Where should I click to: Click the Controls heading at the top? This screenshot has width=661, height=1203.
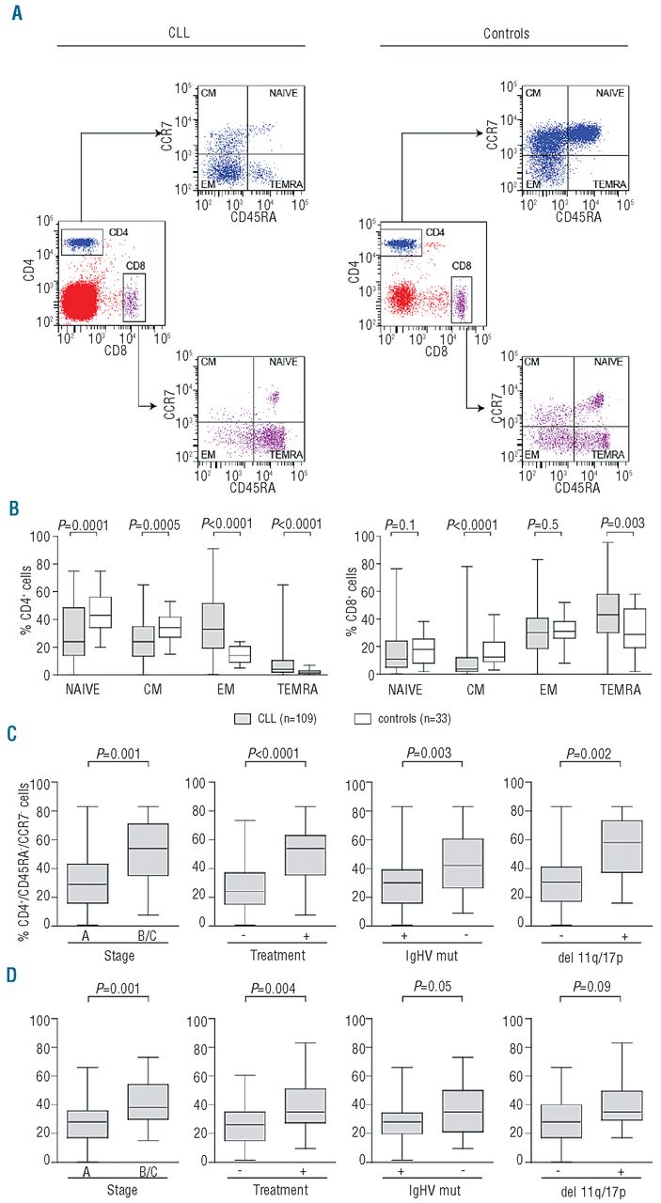[x=507, y=34]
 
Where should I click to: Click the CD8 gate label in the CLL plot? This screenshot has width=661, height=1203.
[x=134, y=265]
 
